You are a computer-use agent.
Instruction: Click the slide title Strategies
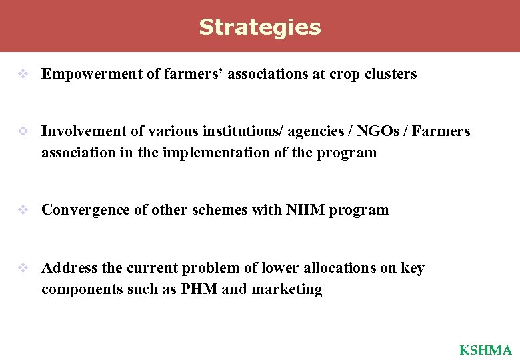tap(260, 27)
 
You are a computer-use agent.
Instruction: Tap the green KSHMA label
tap(485, 350)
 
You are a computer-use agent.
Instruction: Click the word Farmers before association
tap(441, 131)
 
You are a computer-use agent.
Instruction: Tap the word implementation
tap(217, 153)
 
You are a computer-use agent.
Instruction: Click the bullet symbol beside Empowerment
tap(22, 75)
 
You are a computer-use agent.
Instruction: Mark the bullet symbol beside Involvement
tap(22, 132)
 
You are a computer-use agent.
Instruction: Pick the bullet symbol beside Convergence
tap(22, 211)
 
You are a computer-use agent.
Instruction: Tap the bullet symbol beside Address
tap(22, 269)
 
